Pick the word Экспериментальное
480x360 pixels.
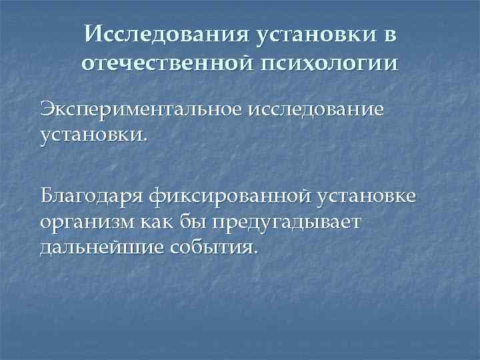click(x=149, y=109)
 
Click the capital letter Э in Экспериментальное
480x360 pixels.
click(x=47, y=109)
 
